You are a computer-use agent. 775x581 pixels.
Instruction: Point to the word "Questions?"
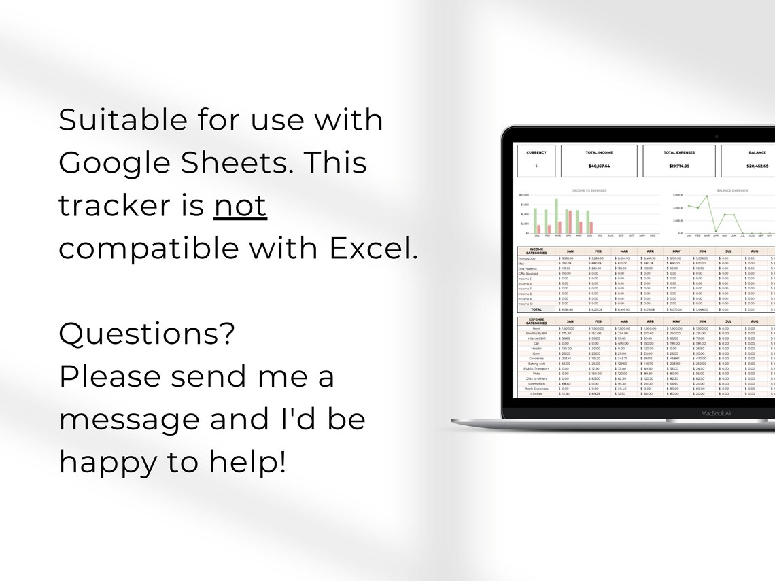coord(147,334)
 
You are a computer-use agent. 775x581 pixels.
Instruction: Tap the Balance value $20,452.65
coord(757,166)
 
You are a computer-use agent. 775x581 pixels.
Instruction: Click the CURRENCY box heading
coord(536,152)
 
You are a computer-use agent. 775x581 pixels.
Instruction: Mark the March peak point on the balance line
coord(706,196)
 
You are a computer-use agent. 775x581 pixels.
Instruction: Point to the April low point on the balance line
coord(715,231)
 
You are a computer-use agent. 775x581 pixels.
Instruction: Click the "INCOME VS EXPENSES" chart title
coord(589,190)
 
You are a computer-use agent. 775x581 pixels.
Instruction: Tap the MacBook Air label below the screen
coord(717,412)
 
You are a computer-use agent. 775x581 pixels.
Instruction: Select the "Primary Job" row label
coord(528,258)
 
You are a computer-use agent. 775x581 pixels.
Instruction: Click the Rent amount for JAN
coord(567,328)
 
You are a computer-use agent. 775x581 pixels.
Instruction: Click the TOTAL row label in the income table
coord(536,309)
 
